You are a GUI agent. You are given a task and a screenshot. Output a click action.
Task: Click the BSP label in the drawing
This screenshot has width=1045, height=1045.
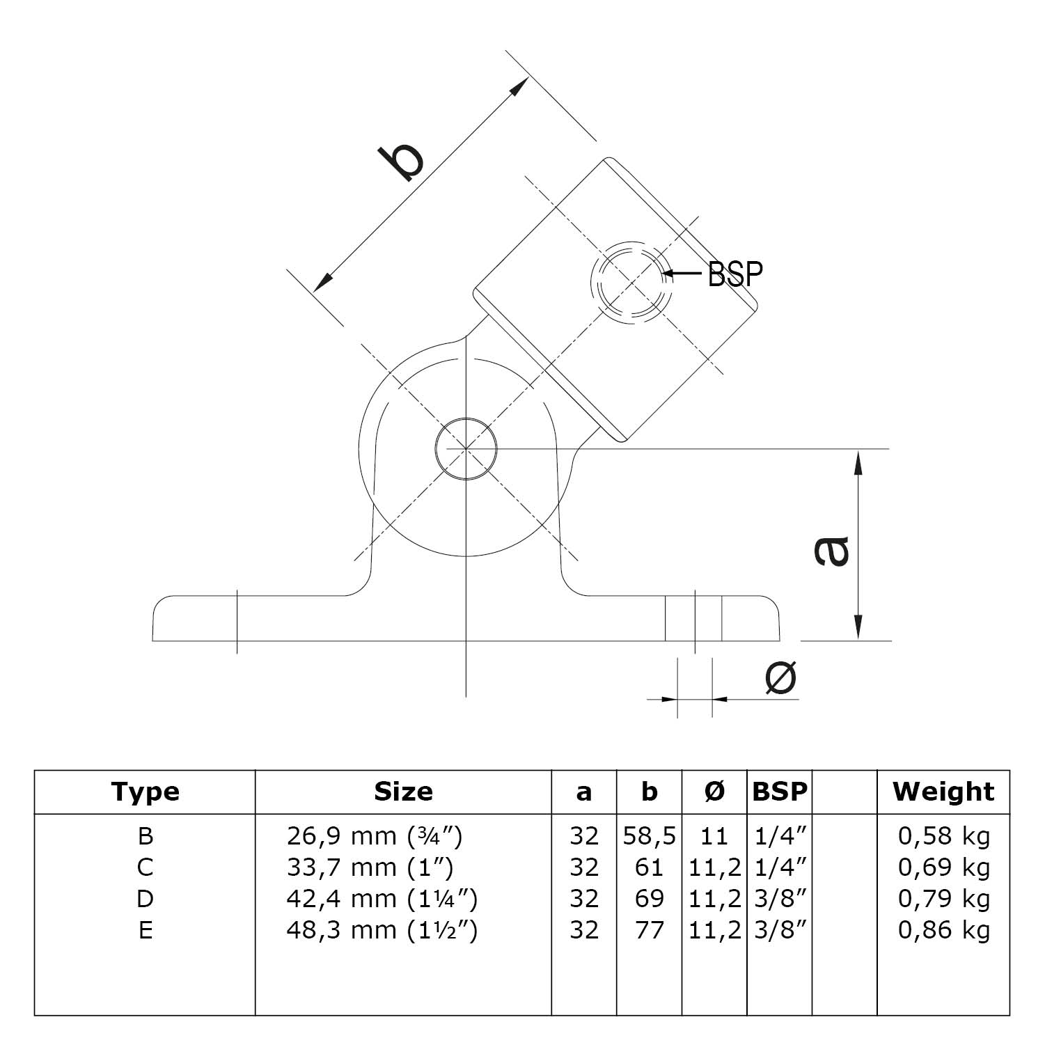(734, 274)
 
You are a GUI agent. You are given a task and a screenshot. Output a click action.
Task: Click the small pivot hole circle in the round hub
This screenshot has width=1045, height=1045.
(466, 449)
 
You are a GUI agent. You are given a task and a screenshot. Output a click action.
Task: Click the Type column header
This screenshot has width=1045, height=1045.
(145, 792)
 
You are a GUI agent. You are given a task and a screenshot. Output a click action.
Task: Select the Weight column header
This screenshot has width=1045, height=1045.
(943, 792)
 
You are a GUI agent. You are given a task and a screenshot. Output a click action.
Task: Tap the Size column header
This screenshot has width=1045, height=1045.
(403, 792)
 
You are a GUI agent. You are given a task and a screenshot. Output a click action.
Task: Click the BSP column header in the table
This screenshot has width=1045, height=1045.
(780, 792)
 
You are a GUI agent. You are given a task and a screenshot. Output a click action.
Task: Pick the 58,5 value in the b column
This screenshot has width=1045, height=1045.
(649, 835)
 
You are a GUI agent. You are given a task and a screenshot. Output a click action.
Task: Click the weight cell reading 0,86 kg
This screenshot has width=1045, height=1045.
(943, 930)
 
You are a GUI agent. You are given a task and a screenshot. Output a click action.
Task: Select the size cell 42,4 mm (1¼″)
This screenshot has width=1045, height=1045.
(382, 899)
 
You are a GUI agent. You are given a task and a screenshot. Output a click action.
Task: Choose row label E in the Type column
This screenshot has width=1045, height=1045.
(145, 930)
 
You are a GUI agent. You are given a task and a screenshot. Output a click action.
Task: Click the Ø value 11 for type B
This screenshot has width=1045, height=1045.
(714, 835)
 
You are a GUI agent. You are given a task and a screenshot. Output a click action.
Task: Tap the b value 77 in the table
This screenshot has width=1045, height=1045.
(649, 930)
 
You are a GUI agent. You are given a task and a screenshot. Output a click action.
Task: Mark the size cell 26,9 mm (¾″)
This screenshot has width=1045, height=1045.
(374, 835)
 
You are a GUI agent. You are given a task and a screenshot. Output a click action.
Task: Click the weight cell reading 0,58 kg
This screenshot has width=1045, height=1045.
(943, 835)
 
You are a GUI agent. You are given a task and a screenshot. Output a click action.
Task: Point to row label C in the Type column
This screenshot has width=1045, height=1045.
(145, 867)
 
